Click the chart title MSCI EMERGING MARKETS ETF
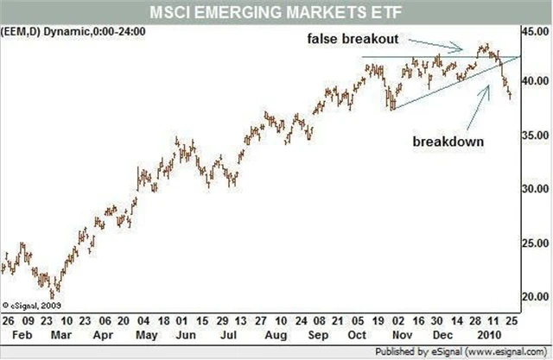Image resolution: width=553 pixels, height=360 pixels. (x=276, y=11)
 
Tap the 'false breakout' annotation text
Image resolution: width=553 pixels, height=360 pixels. (x=355, y=39)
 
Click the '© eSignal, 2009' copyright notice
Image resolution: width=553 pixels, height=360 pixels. (x=31, y=304)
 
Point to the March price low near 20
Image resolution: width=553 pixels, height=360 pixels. (x=54, y=294)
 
